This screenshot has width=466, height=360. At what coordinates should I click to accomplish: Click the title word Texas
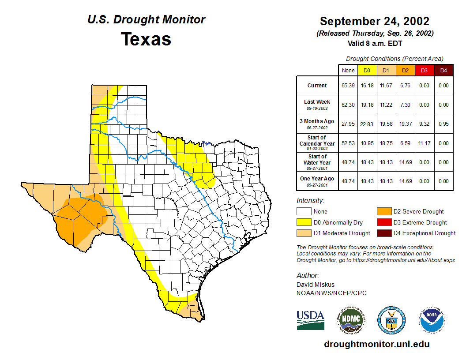tap(146, 39)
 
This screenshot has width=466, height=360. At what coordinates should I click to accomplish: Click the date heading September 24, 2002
tap(375, 21)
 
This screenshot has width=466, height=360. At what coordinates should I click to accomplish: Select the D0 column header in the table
tap(367, 70)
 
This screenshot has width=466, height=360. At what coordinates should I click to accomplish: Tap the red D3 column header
tap(424, 70)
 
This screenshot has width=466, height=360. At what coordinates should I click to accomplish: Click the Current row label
tap(317, 86)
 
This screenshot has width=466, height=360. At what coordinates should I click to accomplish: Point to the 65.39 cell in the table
tap(348, 86)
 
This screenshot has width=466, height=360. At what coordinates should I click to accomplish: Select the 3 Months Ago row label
tap(317, 121)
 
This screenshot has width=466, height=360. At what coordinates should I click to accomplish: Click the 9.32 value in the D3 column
tap(424, 124)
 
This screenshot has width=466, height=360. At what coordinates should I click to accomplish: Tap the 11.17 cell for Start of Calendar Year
tap(424, 143)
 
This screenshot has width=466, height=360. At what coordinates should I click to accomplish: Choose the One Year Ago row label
tap(317, 179)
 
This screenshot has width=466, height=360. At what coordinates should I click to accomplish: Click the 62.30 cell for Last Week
tap(348, 105)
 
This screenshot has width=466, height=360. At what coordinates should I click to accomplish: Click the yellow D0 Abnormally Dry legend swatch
tap(304, 222)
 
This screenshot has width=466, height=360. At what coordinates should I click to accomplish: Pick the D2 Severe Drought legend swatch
tap(383, 212)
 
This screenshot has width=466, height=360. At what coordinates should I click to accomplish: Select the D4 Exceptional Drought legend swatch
tap(383, 233)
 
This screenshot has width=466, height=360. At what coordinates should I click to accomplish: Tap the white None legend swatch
tap(304, 212)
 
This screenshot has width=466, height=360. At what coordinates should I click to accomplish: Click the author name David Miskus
tap(316, 285)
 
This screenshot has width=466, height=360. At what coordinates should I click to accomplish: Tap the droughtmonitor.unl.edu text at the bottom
tap(376, 344)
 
